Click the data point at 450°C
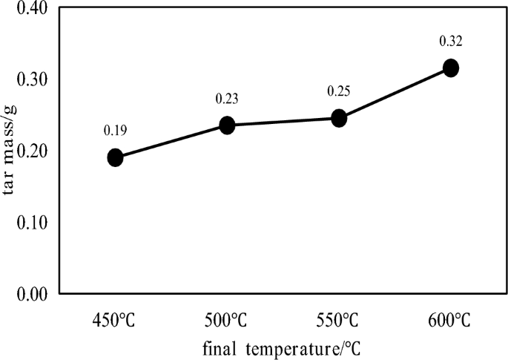[x=115, y=157]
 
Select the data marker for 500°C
[x=227, y=125]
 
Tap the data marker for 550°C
[x=339, y=118]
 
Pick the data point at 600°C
[x=450, y=68]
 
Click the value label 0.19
[x=115, y=131]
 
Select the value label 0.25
[x=338, y=91]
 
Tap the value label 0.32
[x=450, y=42]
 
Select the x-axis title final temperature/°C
[x=283, y=347]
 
